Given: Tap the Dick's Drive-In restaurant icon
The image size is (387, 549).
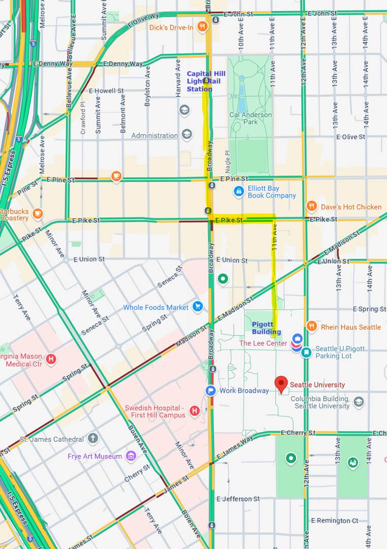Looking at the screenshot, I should pyautogui.click(x=202, y=26).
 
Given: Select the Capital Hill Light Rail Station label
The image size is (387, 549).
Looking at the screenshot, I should pyautogui.click(x=206, y=81).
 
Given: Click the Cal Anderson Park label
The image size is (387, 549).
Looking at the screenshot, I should pyautogui.click(x=250, y=118).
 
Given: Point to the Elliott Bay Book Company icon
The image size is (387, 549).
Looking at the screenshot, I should pyautogui.click(x=238, y=191).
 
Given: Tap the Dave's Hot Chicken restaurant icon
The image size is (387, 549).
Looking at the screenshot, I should pyautogui.click(x=312, y=206).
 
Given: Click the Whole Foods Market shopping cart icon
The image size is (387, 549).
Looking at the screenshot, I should pyautogui.click(x=198, y=307).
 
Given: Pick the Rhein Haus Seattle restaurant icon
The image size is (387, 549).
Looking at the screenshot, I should pyautogui.click(x=312, y=327).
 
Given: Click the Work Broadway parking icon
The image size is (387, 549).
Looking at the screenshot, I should pyautogui.click(x=211, y=391).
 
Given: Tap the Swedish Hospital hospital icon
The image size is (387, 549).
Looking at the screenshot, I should pyautogui.click(x=194, y=411).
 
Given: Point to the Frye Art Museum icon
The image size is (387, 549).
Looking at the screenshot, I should pyautogui.click(x=131, y=456).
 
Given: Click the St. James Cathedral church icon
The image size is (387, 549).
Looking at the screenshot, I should pyautogui.click(x=92, y=438).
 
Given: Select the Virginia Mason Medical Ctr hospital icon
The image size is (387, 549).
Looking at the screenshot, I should pyautogui.click(x=50, y=360).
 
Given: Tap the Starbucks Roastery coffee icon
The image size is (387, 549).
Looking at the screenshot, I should pyautogui.click(x=37, y=214).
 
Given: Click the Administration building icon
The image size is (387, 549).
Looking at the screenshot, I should pyautogui.click(x=187, y=135).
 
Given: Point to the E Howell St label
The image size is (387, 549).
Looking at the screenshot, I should pyautogui.click(x=106, y=91).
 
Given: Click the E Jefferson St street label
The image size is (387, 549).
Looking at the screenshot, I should pyautogui.click(x=238, y=499).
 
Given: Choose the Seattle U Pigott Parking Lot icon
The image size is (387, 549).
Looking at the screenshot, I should pyautogui.click(x=306, y=352).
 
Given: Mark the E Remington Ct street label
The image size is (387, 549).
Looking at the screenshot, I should pyautogui.click(x=334, y=521).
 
